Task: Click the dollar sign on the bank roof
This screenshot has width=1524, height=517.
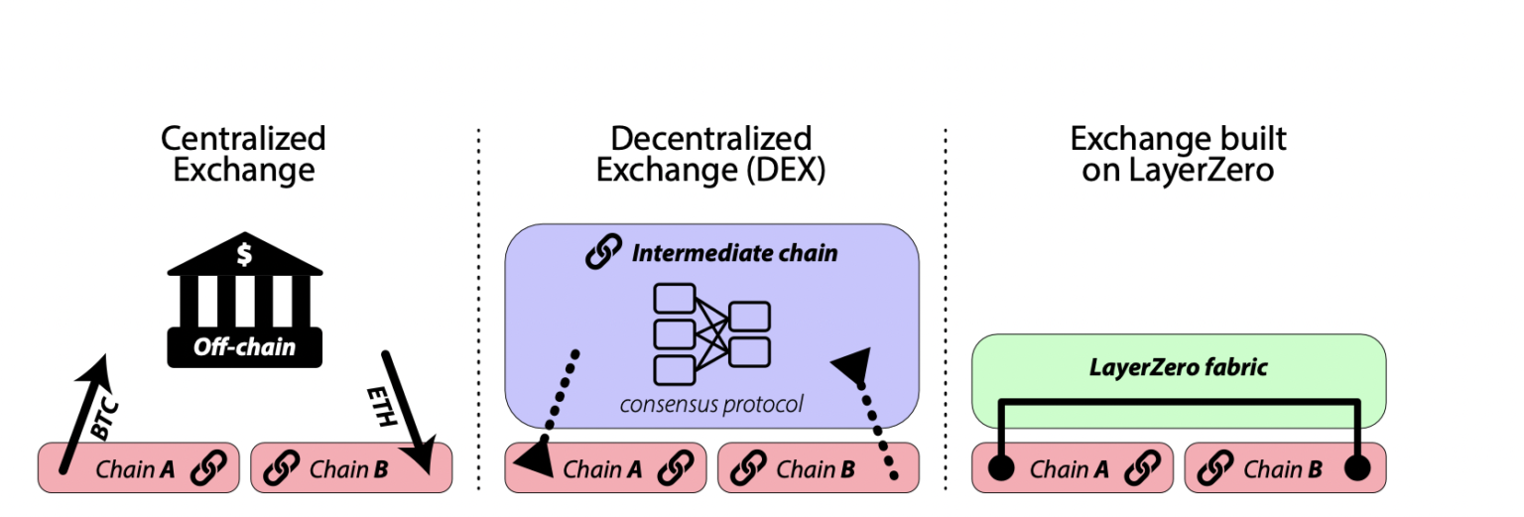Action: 244,255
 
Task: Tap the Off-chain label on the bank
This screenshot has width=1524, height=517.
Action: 244,348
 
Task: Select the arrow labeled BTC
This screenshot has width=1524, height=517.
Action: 84,412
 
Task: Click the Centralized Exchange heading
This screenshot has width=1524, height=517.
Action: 243,154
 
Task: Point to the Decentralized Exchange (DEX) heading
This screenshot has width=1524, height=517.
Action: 710,154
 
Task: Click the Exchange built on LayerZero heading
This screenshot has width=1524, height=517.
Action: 1178,154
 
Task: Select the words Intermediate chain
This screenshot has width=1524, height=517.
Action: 735,253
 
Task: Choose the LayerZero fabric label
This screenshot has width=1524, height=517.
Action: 1178,367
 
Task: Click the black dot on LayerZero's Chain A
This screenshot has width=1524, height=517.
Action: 1001,468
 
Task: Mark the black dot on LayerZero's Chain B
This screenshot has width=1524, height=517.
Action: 1357,468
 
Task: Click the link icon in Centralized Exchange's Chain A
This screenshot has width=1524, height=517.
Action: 207,468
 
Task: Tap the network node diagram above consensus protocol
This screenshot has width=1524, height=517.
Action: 711,333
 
